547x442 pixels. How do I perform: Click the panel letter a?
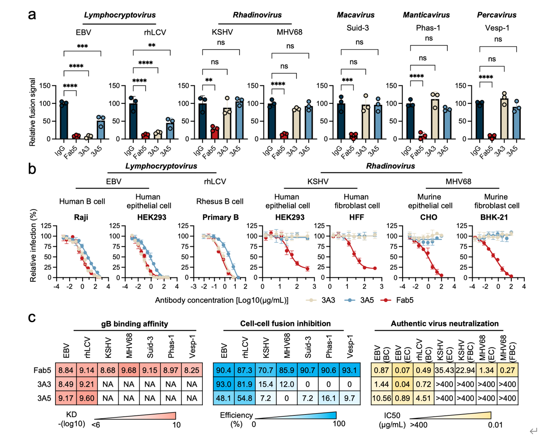(x=32, y=15)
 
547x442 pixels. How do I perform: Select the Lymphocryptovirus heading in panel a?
(x=119, y=15)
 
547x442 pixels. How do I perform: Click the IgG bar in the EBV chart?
(x=64, y=121)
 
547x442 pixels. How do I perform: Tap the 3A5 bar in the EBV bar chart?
(x=101, y=130)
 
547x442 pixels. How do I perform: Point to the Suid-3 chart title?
(x=358, y=28)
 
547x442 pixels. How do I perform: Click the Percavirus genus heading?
(x=496, y=15)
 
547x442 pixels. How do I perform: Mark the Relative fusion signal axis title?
(x=33, y=112)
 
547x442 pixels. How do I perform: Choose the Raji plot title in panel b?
(x=81, y=217)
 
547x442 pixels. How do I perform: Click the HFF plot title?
(x=356, y=217)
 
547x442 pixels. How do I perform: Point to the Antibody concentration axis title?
(x=222, y=300)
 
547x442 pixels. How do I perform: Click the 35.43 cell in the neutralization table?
(x=444, y=370)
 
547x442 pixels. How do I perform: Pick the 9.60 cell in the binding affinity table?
(x=87, y=398)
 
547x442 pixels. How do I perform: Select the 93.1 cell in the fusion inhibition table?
(x=350, y=370)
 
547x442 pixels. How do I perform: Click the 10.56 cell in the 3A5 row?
(x=382, y=398)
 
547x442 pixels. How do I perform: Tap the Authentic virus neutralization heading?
(x=444, y=324)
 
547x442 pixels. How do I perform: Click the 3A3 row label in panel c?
(x=44, y=384)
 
